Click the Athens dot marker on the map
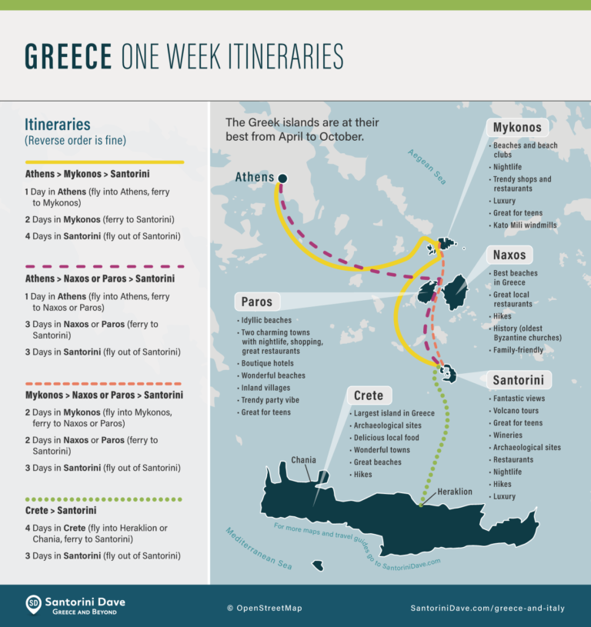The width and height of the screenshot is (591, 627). coord(282,178)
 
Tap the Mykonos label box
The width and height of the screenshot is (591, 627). coord(516,128)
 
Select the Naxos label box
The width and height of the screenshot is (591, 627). coord(509,255)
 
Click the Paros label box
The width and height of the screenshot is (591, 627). coord(256,302)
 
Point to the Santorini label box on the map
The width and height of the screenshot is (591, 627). coord(519,380)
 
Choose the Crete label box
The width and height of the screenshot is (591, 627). coord(368,395)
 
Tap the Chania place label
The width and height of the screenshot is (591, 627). coord(303,460)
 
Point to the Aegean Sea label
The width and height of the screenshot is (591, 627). coord(427,165)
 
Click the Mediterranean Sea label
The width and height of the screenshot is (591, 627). coord(259,548)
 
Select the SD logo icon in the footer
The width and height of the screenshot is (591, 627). coord(33,604)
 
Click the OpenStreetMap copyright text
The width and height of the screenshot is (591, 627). coord(265,608)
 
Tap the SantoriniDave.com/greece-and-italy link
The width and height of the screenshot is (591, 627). coord(488,608)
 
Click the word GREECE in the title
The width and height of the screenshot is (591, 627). coord(69,57)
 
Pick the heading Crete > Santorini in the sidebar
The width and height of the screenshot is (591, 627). coord(61,510)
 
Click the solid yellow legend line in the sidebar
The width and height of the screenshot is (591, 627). coord(104,162)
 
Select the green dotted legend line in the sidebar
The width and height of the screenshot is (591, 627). coord(104,499)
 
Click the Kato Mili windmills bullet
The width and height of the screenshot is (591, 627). coord(526,225)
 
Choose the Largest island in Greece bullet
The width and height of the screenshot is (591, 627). coord(394,413)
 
